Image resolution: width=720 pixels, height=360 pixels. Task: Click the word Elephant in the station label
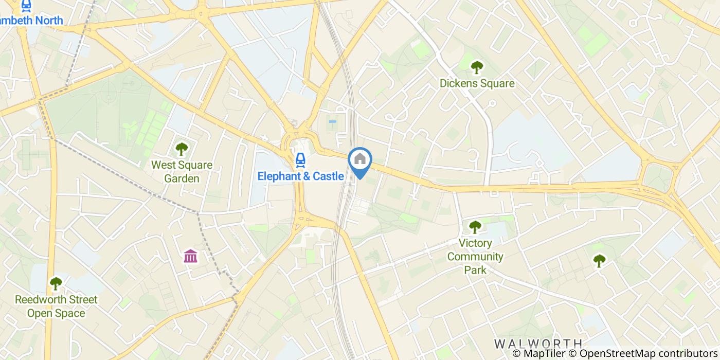pyautogui.click(x=278, y=176)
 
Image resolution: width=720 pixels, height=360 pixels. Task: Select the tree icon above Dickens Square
pyautogui.click(x=477, y=67)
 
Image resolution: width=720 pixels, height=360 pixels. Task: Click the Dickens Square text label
pyautogui.click(x=477, y=83)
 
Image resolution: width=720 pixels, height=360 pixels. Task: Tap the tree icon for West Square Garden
pyautogui.click(x=182, y=149)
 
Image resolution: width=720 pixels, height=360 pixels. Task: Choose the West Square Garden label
pyautogui.click(x=182, y=172)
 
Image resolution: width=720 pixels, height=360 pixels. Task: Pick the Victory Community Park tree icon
pyautogui.click(x=475, y=227)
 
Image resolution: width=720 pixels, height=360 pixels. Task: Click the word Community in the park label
pyautogui.click(x=475, y=256)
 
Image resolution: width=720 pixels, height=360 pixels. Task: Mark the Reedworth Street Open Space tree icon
pyautogui.click(x=56, y=283)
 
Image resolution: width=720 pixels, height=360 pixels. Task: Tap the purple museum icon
pyautogui.click(x=190, y=256)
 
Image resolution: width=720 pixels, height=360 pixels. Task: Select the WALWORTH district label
pyautogui.click(x=538, y=343)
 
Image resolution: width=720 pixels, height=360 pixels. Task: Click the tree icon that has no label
pyautogui.click(x=599, y=261)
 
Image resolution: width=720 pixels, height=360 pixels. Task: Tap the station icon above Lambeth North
pyautogui.click(x=26, y=6)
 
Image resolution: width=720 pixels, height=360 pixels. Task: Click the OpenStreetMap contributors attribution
pyautogui.click(x=649, y=354)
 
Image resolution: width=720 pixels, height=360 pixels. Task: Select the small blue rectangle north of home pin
pyautogui.click(x=332, y=122)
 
